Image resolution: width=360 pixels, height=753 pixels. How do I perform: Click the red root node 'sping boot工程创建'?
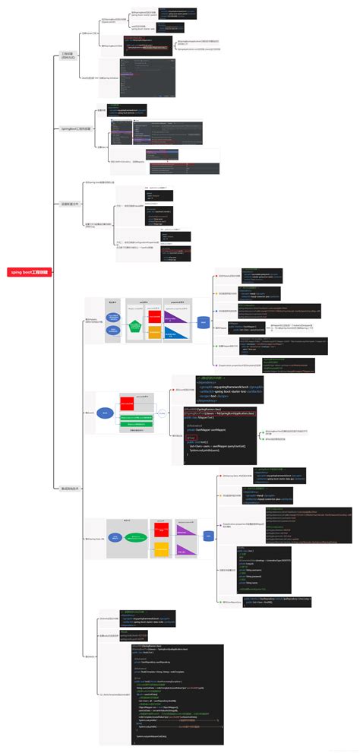(x=28, y=271)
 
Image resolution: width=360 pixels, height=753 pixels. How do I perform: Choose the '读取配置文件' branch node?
(x=69, y=204)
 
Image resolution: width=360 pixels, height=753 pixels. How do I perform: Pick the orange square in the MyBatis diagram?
(x=154, y=333)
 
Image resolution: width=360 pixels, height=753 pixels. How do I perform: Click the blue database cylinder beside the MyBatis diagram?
(x=204, y=323)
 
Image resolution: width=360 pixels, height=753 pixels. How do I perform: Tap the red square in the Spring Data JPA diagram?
(x=161, y=529)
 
